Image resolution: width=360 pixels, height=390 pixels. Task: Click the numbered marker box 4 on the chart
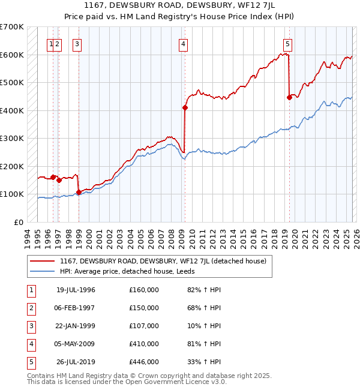pos(182,43)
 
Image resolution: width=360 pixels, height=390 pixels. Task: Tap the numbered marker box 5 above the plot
pos(288,43)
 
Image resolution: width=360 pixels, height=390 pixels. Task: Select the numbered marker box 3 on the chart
pos(77,43)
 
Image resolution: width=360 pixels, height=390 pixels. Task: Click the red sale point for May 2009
pos(185,108)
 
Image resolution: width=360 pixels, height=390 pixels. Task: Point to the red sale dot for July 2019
pos(289,97)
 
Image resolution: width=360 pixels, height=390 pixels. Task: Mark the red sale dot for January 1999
pos(79,192)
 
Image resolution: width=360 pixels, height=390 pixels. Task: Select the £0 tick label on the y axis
pos(19,222)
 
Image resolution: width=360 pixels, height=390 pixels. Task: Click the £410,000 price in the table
pos(143,344)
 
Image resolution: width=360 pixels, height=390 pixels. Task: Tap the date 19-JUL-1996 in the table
pos(76,290)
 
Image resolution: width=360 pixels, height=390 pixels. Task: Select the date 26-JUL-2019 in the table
pos(76,362)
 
